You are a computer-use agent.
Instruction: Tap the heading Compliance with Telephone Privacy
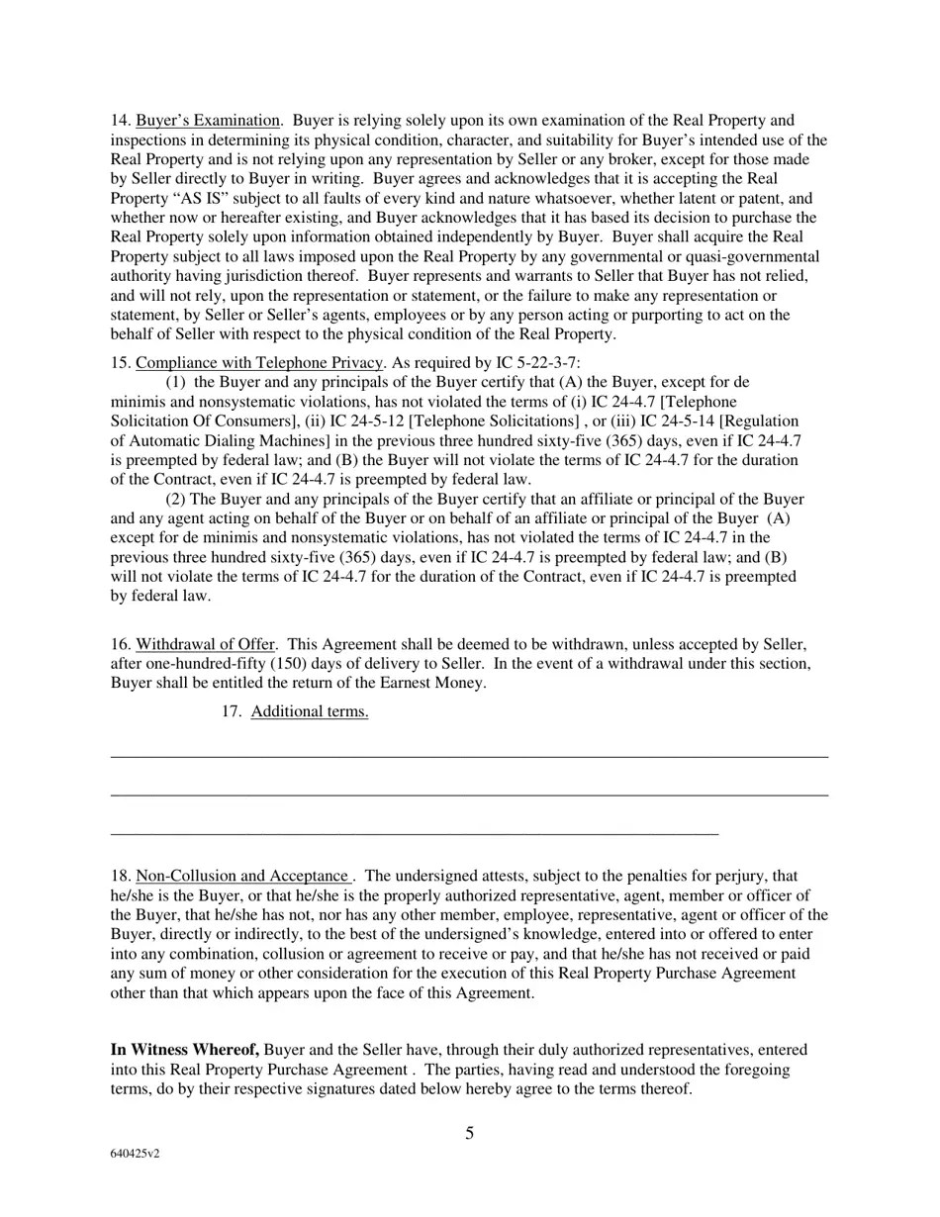pyautogui.click(x=258, y=362)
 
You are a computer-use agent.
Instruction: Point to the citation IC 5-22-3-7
pyautogui.click(x=537, y=362)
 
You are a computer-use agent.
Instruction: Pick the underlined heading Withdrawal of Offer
pyautogui.click(x=205, y=644)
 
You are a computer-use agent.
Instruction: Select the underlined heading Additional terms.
pyautogui.click(x=309, y=711)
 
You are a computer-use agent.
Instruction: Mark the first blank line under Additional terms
pyautogui.click(x=469, y=757)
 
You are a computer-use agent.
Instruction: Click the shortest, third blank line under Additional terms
pyautogui.click(x=414, y=834)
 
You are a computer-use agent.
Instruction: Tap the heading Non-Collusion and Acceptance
pyautogui.click(x=241, y=876)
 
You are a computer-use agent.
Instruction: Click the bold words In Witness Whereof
pyautogui.click(x=185, y=1050)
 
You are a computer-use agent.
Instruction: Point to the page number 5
pyautogui.click(x=469, y=1134)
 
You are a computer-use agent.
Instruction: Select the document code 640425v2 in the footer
pyautogui.click(x=135, y=1154)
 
